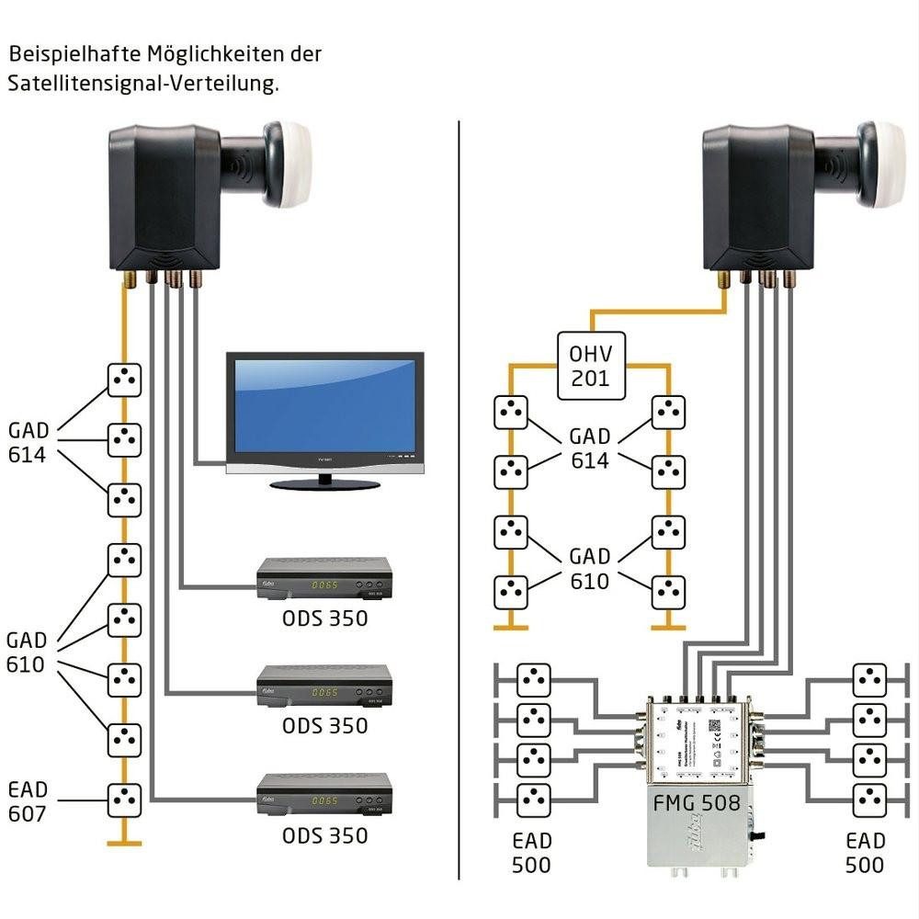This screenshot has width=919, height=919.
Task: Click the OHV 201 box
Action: click(591, 365)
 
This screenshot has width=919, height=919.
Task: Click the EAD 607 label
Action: click(27, 801)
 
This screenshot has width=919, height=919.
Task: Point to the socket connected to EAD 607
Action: click(124, 800)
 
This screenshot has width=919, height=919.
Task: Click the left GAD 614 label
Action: click(28, 443)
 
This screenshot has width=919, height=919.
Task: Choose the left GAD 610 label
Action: click(26, 652)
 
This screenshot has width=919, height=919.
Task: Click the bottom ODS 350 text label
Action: click(324, 835)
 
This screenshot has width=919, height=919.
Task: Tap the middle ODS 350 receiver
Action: click(323, 685)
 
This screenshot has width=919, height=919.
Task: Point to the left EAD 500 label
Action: click(531, 853)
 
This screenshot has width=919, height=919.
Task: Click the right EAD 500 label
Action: click(865, 853)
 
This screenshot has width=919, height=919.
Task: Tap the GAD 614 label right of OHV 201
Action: click(589, 448)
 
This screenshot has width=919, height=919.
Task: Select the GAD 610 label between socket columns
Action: click(589, 568)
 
